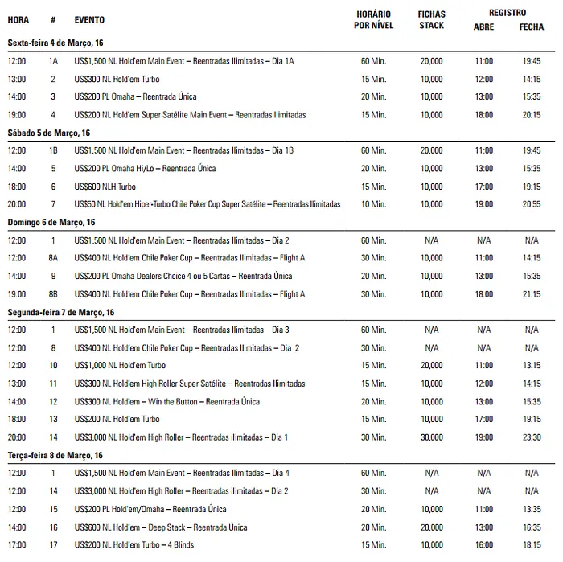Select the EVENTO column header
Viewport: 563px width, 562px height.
coord(88,18)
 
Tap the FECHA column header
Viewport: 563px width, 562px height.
coord(532,27)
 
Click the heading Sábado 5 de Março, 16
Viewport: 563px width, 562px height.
coord(49,133)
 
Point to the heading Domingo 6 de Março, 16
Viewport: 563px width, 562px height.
coord(51,222)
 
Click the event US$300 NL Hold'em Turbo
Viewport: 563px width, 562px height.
coord(117,79)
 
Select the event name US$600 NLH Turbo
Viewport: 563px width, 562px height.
coord(105,187)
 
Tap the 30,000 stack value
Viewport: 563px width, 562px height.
coord(431,437)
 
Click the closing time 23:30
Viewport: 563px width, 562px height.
coord(532,437)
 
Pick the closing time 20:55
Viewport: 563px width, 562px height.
coord(532,204)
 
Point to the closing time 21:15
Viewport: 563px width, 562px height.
coord(532,294)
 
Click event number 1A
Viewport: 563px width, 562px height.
coord(53,61)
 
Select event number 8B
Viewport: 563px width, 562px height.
coord(53,294)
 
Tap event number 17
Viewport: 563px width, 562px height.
coord(53,545)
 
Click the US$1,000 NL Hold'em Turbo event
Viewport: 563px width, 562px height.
coord(120,366)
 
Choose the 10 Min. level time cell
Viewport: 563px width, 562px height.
coord(373,204)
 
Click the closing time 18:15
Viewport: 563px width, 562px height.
coord(532,545)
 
